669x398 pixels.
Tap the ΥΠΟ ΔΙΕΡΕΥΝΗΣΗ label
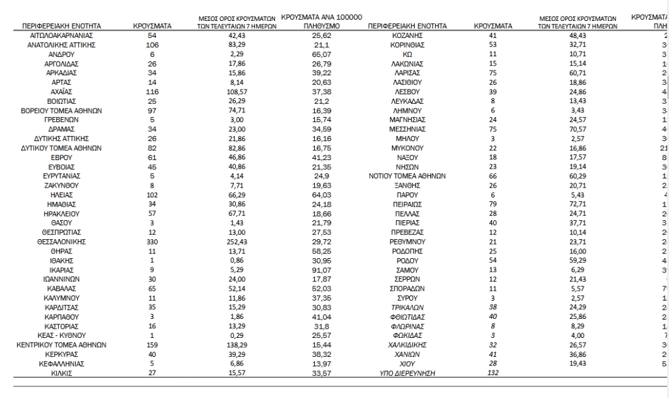click(x=408, y=373)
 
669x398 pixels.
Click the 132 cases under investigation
click(x=493, y=373)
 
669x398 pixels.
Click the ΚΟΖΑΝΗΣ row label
click(x=408, y=35)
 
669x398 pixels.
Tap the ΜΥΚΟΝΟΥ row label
click(x=408, y=148)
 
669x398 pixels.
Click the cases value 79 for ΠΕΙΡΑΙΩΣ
click(x=493, y=204)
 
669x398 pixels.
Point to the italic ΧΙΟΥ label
click(x=408, y=363)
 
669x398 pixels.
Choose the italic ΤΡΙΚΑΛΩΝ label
click(x=408, y=307)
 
